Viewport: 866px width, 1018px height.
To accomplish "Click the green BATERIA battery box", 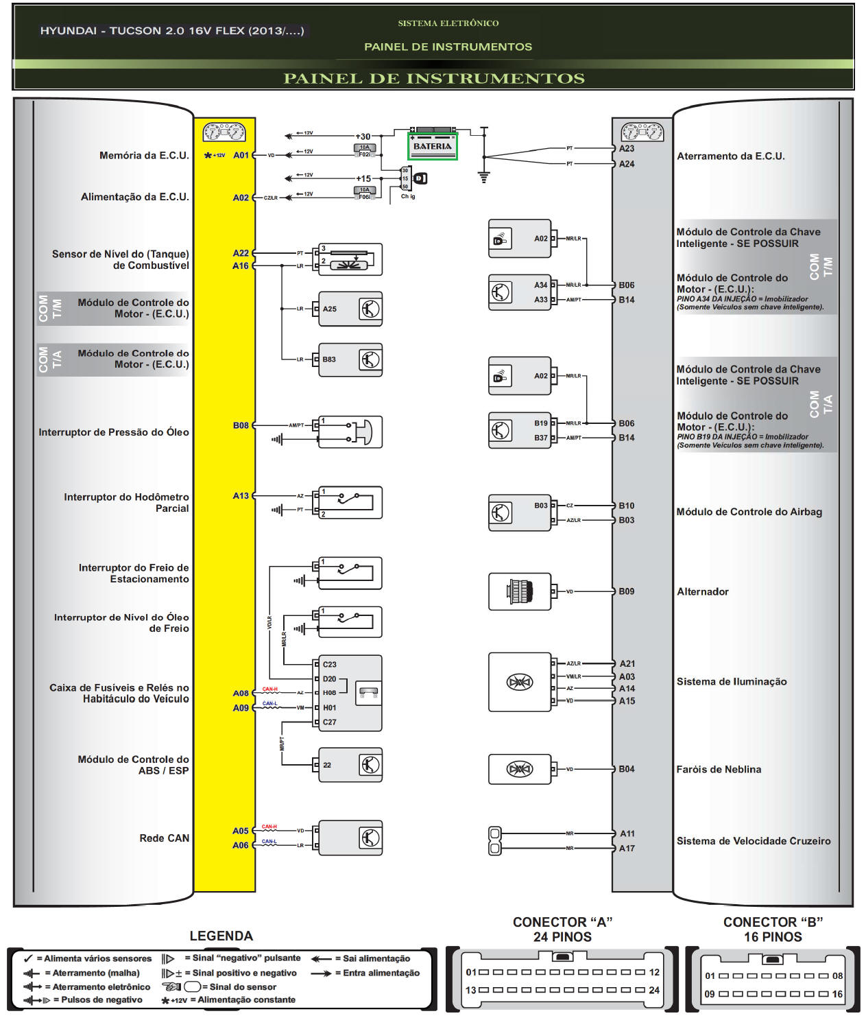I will (x=432, y=146).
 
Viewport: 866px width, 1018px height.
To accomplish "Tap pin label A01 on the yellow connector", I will (x=241, y=156).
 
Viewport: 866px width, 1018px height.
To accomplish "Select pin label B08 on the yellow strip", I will (x=241, y=425).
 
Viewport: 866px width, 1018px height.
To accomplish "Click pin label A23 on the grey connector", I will (x=627, y=149).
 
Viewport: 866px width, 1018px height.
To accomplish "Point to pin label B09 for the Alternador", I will (x=627, y=591).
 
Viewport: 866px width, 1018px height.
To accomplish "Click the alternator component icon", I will (x=519, y=591).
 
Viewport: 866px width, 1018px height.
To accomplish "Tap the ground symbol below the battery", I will (x=484, y=177).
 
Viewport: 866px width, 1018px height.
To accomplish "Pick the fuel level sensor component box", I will (x=350, y=259).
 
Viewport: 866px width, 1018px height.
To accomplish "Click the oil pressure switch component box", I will (x=350, y=432).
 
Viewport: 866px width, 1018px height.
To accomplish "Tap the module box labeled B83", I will (x=350, y=359).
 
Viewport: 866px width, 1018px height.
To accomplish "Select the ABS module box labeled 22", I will (x=350, y=765).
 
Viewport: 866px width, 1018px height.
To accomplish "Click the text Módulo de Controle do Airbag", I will (x=749, y=512).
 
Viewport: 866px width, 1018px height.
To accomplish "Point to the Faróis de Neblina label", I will (x=719, y=770).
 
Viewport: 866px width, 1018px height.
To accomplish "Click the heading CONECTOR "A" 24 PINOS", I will (x=562, y=930).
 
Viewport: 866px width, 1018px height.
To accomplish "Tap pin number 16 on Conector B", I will (x=837, y=994).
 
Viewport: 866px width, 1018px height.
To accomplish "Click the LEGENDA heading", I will (x=221, y=936).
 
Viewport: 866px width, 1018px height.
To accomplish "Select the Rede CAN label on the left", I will (x=164, y=838).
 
